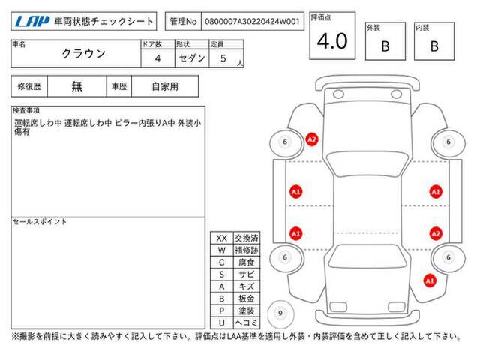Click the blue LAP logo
point(32,22)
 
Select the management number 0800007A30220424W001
point(252,22)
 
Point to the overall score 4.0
point(332,41)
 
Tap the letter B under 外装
point(385,46)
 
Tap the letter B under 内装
point(434,46)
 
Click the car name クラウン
point(84,54)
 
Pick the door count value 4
point(157,58)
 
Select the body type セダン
point(192,58)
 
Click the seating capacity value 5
point(223,58)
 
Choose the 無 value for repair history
point(76,86)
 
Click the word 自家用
point(165,87)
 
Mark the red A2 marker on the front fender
point(312,140)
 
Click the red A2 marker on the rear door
point(436,234)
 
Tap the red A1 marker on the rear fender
point(430,280)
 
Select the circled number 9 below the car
point(280,313)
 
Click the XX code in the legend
point(222,238)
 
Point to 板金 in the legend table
point(247,298)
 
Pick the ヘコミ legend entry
point(247,322)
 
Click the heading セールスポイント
point(40,222)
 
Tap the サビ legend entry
point(247,274)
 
